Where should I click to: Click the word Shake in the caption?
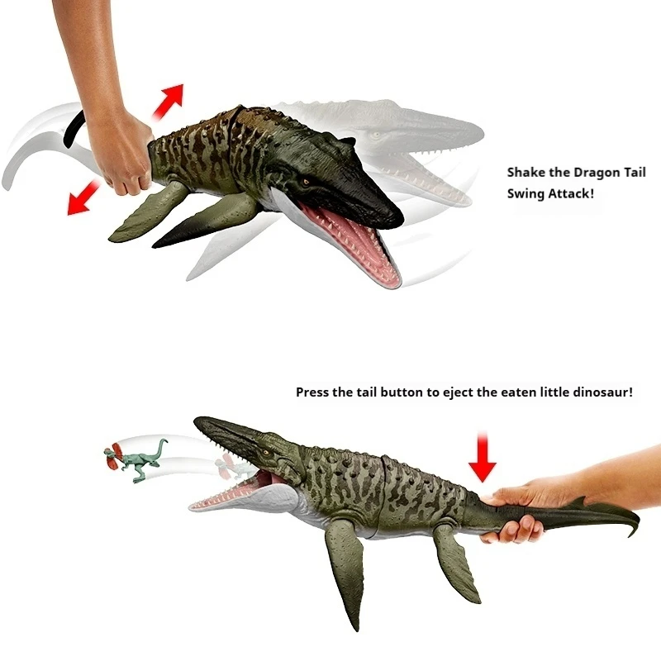click(526, 173)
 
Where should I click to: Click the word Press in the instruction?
click(312, 392)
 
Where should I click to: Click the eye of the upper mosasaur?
click(308, 181)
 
